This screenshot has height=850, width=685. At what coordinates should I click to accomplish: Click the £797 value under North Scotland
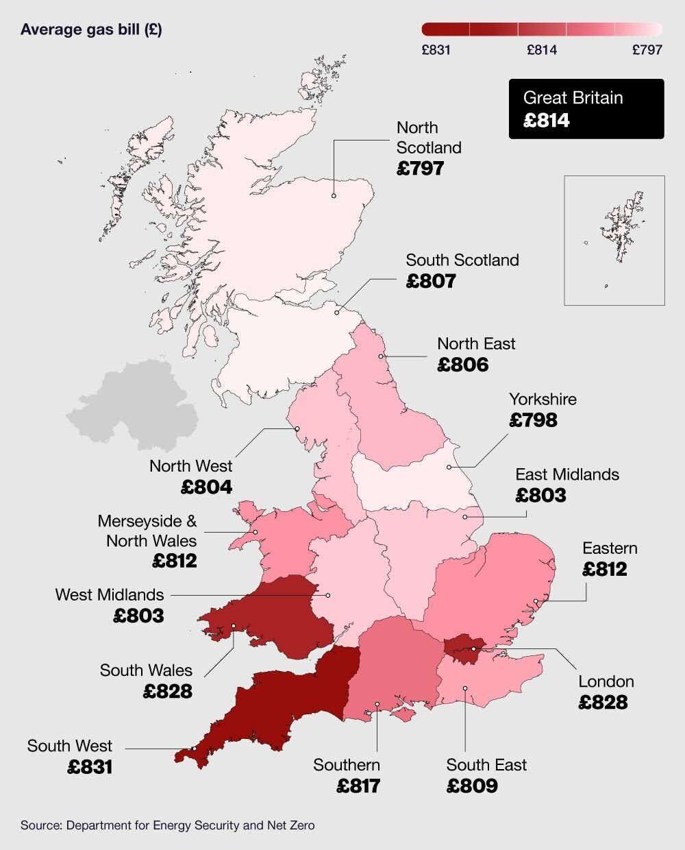420,168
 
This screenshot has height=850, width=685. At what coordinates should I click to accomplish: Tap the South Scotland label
462,260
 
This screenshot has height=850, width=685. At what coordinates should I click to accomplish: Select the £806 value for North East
463,365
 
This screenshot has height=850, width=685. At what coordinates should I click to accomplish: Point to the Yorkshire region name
543,400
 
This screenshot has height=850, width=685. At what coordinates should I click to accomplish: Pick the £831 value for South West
90,767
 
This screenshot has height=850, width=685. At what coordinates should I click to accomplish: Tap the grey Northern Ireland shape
130,404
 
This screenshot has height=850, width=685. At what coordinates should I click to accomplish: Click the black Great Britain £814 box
586,109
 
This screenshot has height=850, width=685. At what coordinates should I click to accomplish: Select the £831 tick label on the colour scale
436,50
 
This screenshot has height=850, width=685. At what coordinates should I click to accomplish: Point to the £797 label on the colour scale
647,50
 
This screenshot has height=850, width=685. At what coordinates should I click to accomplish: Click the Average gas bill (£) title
91,29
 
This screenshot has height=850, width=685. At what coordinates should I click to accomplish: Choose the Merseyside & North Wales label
147,531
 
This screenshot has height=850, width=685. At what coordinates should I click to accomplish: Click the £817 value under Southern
358,786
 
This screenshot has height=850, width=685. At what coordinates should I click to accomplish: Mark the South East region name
486,765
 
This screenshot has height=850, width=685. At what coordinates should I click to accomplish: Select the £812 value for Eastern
604,570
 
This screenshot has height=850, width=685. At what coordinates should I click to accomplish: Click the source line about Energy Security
167,825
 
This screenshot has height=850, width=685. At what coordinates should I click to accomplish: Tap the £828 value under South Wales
168,692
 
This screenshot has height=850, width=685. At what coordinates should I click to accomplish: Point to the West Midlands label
110,595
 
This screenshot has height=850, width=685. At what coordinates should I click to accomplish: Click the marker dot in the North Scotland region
334,196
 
